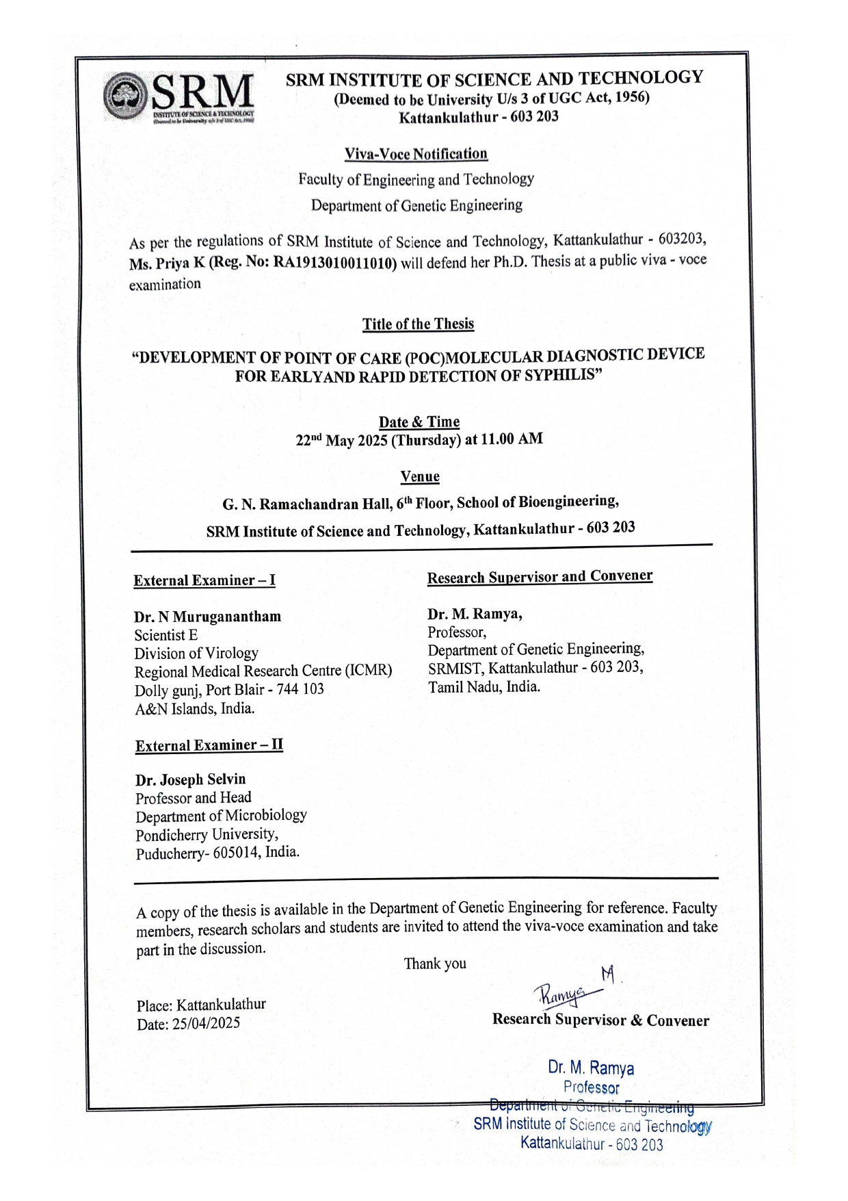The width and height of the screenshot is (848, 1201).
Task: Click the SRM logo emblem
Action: (x=125, y=97)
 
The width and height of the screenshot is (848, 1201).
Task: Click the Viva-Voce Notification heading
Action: (x=416, y=154)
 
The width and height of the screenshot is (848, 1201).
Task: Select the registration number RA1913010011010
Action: (x=335, y=263)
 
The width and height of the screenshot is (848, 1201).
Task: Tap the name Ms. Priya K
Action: (x=167, y=264)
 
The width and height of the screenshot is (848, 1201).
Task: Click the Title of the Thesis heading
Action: (x=418, y=324)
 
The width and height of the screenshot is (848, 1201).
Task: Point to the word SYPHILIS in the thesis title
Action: (x=562, y=374)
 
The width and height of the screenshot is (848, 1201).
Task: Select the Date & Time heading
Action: (x=419, y=422)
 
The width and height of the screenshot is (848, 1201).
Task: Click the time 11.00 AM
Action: (x=512, y=439)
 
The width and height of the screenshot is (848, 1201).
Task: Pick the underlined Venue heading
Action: (x=420, y=476)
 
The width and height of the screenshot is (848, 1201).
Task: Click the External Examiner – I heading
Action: (x=204, y=581)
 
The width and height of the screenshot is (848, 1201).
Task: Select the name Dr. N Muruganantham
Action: (x=207, y=617)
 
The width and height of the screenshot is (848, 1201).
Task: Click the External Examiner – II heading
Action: (x=209, y=745)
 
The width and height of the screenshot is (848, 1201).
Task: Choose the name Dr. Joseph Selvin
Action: (x=190, y=779)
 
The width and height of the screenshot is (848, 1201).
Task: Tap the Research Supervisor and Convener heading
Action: (x=540, y=577)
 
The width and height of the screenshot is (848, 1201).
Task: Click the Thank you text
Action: (x=435, y=964)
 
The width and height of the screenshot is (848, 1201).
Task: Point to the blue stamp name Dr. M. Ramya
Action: (x=591, y=1068)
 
